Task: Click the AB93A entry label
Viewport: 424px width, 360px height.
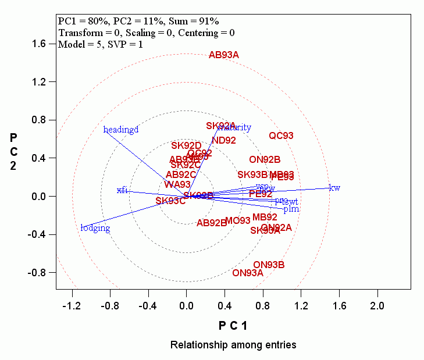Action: (x=224, y=55)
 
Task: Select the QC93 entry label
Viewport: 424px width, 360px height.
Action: (x=281, y=136)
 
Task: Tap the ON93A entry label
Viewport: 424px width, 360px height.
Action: (x=248, y=273)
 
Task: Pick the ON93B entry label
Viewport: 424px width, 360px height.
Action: (x=269, y=265)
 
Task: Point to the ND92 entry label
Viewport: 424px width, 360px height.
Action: (x=224, y=140)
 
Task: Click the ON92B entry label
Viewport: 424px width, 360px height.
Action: (x=265, y=159)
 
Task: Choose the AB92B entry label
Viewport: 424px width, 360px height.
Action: (x=211, y=223)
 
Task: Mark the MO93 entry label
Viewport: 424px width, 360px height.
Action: (x=237, y=220)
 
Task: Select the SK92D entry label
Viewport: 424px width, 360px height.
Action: (x=186, y=145)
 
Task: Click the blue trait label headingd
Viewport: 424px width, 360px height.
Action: (x=121, y=130)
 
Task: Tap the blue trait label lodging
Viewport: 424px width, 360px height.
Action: (x=95, y=228)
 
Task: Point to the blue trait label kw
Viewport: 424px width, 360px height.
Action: (x=334, y=187)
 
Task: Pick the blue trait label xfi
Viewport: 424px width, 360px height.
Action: (x=122, y=190)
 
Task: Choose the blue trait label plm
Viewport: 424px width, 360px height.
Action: (x=291, y=208)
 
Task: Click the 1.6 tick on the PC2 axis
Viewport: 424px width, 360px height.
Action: (x=38, y=44)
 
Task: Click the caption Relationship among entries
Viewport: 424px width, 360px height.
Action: (x=233, y=345)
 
